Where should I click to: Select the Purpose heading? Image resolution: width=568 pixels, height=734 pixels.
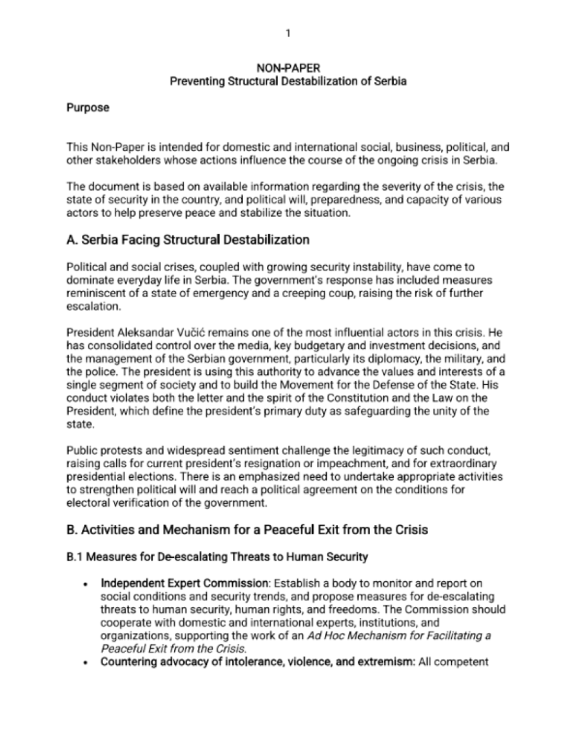(x=88, y=108)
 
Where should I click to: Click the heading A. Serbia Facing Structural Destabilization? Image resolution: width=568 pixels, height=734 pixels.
(x=187, y=240)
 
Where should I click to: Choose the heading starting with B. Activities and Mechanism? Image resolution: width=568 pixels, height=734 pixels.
(x=247, y=530)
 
